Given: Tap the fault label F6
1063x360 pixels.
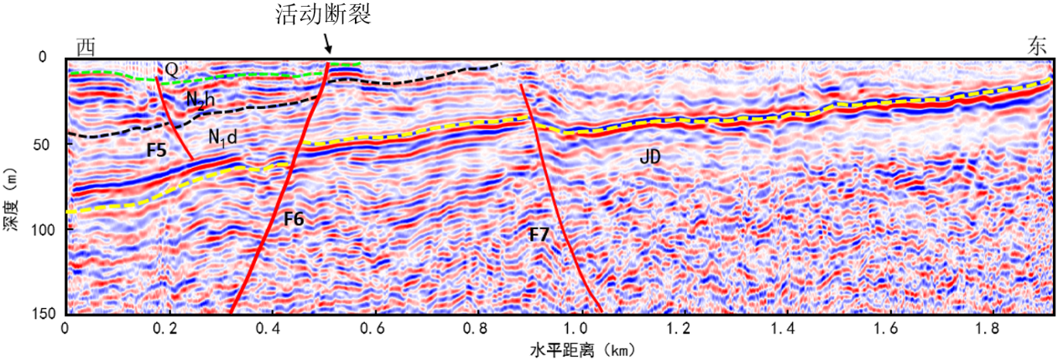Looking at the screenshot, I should [293, 219].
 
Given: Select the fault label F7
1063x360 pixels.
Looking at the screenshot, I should [539, 235].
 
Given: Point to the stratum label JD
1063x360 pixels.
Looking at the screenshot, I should [649, 155].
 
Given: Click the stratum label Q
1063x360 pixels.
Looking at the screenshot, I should [170, 70].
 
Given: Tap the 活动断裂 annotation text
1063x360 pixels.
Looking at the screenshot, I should [322, 14].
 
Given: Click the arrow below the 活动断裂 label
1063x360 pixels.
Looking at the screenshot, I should [327, 42].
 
